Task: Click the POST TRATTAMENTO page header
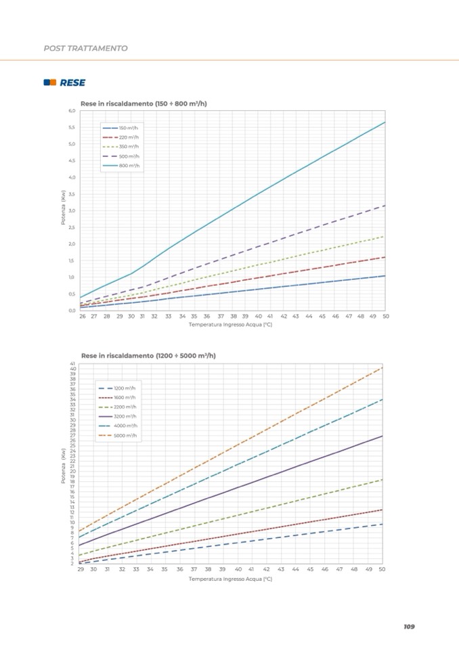pyautogui.click(x=85, y=48)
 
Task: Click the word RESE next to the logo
pyautogui.click(x=72, y=83)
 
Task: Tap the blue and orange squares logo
pyautogui.click(x=49, y=83)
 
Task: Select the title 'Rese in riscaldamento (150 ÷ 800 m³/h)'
pyautogui.click(x=144, y=104)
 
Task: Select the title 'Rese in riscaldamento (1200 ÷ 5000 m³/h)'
pyautogui.click(x=148, y=355)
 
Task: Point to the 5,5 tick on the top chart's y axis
pyautogui.click(x=71, y=127)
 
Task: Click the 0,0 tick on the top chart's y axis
pyautogui.click(x=71, y=311)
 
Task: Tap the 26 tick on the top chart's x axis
pyautogui.click(x=82, y=317)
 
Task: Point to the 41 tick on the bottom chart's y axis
pyautogui.click(x=72, y=364)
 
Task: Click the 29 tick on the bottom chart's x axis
pyautogui.click(x=81, y=570)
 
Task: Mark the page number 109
pyautogui.click(x=408, y=627)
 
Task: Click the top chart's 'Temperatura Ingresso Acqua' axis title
pyautogui.click(x=230, y=325)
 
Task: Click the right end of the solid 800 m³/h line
pyautogui.click(x=385, y=122)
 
